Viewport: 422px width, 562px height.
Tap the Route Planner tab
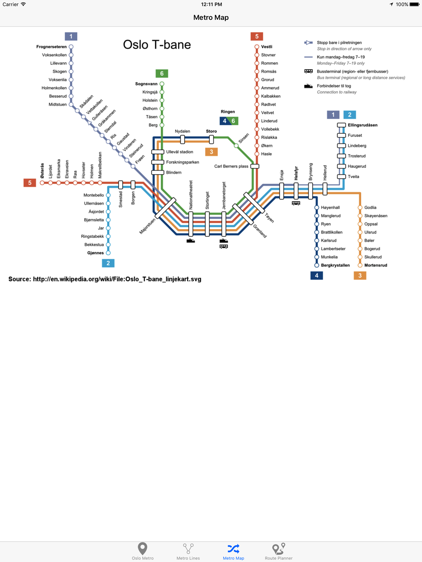click(x=279, y=551)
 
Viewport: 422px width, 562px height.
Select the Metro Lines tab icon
click(x=188, y=549)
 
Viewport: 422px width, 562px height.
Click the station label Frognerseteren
click(x=51, y=47)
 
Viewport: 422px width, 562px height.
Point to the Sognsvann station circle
click(x=162, y=84)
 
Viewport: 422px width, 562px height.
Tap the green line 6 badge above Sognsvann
click(x=162, y=73)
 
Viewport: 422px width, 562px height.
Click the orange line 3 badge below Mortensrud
click(x=360, y=276)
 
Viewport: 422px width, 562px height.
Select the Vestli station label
click(x=267, y=47)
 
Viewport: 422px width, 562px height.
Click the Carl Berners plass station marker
click(x=254, y=166)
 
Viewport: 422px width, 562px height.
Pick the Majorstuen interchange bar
click(x=165, y=208)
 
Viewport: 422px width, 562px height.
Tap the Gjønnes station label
click(x=95, y=253)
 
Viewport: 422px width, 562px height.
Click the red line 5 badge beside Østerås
click(x=30, y=183)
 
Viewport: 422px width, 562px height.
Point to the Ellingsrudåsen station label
click(x=362, y=125)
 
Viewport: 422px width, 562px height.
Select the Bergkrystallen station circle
click(x=316, y=265)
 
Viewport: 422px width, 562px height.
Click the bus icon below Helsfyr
click(x=296, y=203)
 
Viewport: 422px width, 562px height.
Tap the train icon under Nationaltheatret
click(x=190, y=241)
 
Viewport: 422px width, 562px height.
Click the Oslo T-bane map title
click(x=157, y=45)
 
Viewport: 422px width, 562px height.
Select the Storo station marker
click(x=211, y=139)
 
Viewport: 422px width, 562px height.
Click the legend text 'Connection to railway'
click(x=337, y=92)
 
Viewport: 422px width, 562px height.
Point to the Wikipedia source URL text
click(x=117, y=279)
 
